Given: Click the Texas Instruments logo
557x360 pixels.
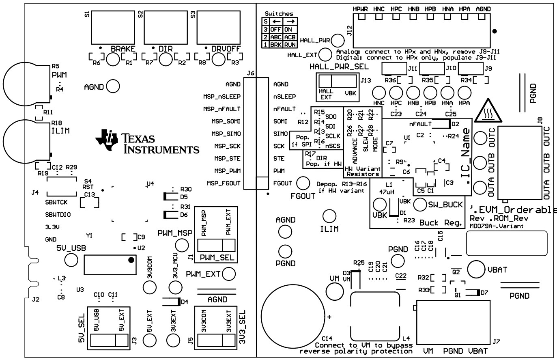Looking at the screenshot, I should click(147, 142).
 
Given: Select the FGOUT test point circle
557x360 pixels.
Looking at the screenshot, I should click(303, 183).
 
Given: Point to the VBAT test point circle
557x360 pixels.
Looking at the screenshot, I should click(475, 269).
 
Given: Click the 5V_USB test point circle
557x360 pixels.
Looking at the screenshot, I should click(71, 260).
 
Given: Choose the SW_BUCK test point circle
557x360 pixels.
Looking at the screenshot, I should click(420, 205).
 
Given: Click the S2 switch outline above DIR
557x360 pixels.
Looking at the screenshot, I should click(165, 28).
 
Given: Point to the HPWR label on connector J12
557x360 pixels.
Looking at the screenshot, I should click(360, 9).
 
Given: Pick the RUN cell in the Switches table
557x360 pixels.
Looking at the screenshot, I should click(290, 44).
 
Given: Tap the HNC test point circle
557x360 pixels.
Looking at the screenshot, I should click(379, 91).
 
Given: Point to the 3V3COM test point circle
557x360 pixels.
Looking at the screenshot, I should click(150, 287).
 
